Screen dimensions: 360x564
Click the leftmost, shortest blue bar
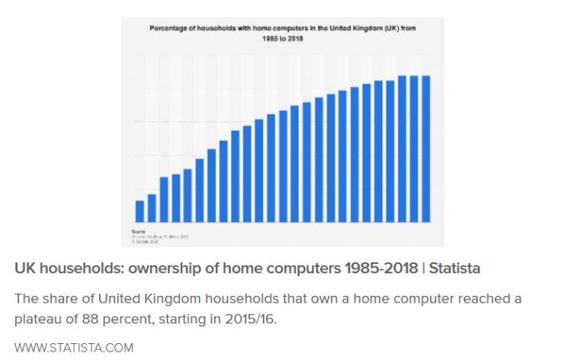139,211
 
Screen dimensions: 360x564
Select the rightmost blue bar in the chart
427,149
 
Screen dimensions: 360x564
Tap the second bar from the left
152,208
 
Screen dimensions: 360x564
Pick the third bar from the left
164,199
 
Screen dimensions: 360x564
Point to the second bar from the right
415,149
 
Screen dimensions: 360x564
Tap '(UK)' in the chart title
396,28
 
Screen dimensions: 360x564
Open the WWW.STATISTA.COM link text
74,348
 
